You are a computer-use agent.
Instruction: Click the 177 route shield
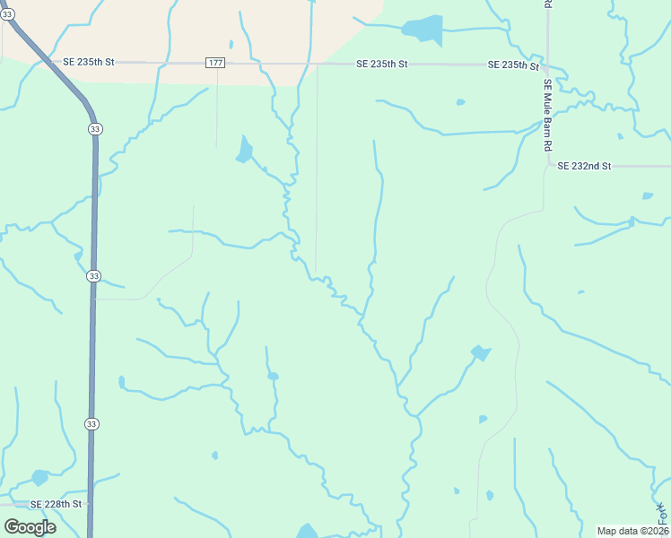[214, 63]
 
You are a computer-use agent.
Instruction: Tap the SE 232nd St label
[583, 166]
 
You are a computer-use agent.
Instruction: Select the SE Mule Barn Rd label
[547, 114]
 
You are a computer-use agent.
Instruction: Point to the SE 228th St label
[56, 504]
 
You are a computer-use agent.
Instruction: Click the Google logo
[30, 527]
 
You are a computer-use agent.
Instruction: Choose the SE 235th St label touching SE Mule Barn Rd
[513, 65]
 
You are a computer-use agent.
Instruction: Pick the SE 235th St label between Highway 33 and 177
[89, 63]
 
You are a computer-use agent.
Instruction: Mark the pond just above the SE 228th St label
[39, 477]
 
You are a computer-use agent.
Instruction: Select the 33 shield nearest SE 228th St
[91, 422]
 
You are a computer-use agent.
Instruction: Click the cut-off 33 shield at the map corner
[6, 14]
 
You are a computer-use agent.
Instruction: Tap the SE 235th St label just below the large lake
[381, 65]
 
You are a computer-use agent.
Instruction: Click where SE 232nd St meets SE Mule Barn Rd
[547, 166]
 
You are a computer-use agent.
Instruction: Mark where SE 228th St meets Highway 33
[90, 504]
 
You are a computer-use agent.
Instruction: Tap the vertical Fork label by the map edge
[664, 513]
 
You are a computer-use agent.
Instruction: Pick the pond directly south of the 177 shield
[243, 150]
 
